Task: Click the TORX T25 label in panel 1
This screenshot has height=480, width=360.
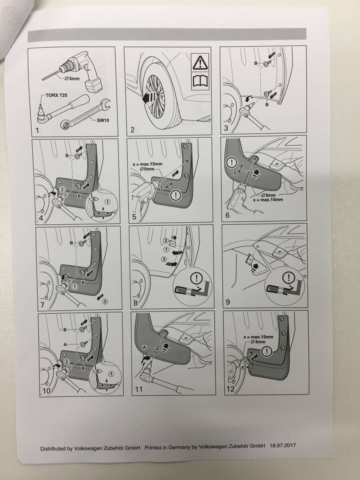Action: (x=56, y=95)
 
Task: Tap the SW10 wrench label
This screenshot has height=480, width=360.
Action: (x=103, y=120)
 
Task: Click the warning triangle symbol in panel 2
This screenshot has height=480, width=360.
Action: (x=200, y=62)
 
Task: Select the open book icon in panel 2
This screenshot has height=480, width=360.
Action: (x=200, y=81)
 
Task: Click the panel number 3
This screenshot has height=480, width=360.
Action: (x=226, y=128)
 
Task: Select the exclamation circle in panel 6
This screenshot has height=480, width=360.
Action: (x=232, y=162)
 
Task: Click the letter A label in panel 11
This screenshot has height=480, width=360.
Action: (x=144, y=347)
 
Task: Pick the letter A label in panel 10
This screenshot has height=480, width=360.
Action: (x=65, y=344)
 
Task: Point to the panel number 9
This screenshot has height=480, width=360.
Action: (x=228, y=302)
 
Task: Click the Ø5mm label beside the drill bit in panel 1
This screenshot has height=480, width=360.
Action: (x=72, y=79)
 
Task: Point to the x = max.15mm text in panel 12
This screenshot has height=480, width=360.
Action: (x=258, y=337)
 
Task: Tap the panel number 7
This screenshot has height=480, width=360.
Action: (x=42, y=305)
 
